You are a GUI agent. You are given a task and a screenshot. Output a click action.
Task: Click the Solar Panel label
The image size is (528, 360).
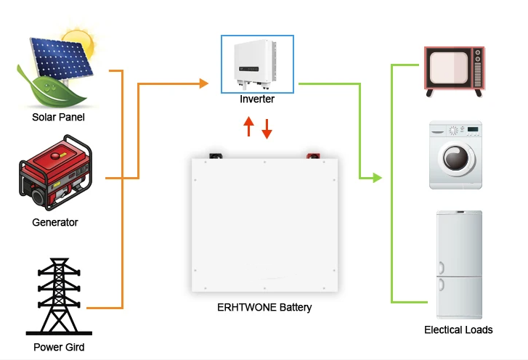[58, 117]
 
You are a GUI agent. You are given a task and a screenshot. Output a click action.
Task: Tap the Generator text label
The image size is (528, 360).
[55, 222]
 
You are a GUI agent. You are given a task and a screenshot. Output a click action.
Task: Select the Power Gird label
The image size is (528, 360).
[59, 347]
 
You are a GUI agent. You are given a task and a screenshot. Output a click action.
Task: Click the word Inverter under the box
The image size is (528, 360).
[257, 99]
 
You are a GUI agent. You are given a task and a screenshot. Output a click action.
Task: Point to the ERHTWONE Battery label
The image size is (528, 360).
[264, 307]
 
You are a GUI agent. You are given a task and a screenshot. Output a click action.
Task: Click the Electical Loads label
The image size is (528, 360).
[458, 330]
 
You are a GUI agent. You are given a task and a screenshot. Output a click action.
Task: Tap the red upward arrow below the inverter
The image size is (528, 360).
[248, 126]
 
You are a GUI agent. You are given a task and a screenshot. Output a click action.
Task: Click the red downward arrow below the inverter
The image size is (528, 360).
[267, 129]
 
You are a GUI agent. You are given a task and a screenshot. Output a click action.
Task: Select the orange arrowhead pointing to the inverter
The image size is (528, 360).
[204, 83]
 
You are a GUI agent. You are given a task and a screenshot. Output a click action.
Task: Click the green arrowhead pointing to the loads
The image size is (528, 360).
[378, 178]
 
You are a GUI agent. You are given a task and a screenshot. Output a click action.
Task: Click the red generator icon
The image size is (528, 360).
[56, 172]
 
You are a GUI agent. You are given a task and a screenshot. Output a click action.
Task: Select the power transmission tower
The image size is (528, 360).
[59, 296]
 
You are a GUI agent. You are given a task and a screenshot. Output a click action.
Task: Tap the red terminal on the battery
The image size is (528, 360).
[313, 156]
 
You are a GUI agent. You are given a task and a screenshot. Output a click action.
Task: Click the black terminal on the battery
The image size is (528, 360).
[216, 156]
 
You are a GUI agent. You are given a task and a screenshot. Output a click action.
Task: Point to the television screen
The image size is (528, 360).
[449, 67]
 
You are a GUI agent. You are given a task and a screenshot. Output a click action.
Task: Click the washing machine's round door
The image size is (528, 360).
[456, 157]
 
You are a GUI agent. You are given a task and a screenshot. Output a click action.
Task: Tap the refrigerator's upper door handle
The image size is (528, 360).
[441, 268]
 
